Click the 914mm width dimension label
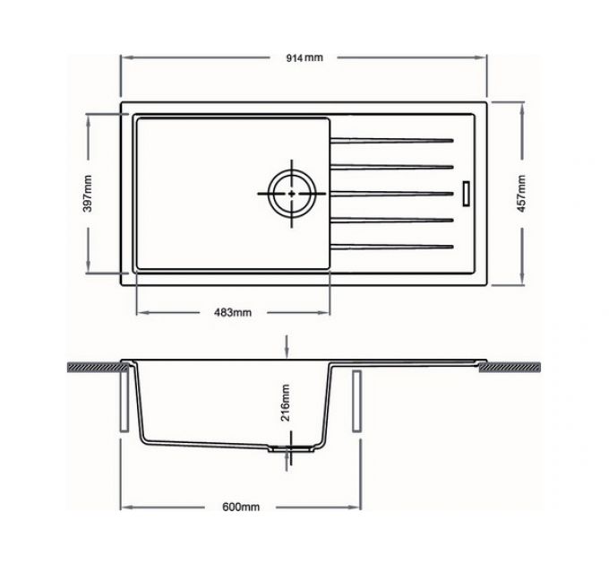coord(304,57)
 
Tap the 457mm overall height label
coord(522,192)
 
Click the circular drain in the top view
coord(292,193)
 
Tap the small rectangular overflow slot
coord(465,193)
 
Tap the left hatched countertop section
coord(95,368)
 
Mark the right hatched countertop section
coord(514,368)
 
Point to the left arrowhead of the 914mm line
coord(124,57)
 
